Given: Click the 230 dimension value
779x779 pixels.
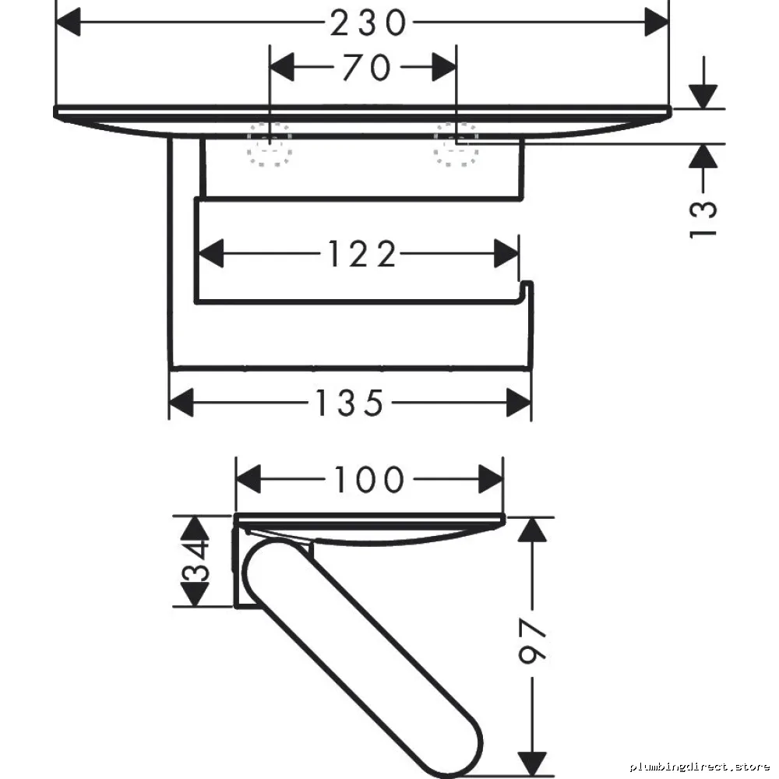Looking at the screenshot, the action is coord(368,23).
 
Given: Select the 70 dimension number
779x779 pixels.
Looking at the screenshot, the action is coord(366,68).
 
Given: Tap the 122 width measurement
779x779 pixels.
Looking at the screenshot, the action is coord(362,254).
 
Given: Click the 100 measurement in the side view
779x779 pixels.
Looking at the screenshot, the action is coord(369,479).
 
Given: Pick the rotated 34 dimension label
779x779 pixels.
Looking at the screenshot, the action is coord(196,561).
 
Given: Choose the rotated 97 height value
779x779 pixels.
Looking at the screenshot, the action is coord(533,641).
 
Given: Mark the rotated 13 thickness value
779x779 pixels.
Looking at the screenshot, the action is coord(703,219).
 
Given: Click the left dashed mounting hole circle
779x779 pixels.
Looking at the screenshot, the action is coord(270,145).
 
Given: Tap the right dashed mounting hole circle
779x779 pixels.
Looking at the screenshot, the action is coord(456,145).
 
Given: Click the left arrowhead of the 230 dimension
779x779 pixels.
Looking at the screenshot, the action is coord(68,23).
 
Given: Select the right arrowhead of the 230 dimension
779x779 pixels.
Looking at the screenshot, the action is coord(657,23).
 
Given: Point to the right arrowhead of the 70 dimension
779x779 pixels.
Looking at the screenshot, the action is coord(444,67).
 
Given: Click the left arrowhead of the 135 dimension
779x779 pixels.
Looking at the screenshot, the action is coord(182,403).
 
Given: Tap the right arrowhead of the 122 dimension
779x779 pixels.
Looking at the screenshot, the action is coord(506,254).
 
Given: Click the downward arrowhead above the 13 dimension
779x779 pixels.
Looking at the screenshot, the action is coord(703,97).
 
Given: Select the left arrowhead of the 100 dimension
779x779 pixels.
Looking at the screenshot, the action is coord(249,479).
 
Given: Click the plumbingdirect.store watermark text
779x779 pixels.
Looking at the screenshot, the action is coord(700,767).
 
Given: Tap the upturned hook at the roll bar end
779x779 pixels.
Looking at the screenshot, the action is coord(526,289).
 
